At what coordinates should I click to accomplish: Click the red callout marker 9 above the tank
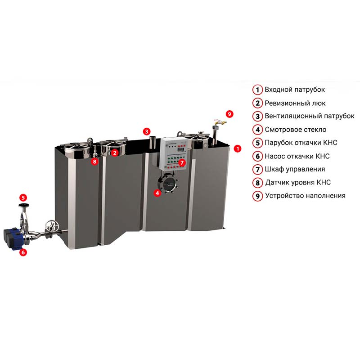pos(229,114)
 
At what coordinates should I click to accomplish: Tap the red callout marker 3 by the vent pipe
pos(147,131)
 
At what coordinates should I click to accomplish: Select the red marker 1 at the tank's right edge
pos(238,148)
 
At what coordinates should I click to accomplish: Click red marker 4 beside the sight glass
pos(157,193)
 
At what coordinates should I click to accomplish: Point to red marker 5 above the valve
pos(23,198)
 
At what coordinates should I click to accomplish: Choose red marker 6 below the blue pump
pos(23,252)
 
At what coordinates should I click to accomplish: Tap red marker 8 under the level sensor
pos(94,162)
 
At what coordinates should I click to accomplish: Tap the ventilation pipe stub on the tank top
pos(153,142)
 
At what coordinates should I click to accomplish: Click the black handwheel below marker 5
pos(23,205)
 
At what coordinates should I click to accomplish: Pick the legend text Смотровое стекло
pos(296,130)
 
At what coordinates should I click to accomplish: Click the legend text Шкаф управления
pos(295,169)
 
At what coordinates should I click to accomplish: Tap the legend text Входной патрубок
pos(295,90)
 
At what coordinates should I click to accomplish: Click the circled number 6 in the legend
pos(257,156)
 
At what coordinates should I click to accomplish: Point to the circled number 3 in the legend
pos(257,116)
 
